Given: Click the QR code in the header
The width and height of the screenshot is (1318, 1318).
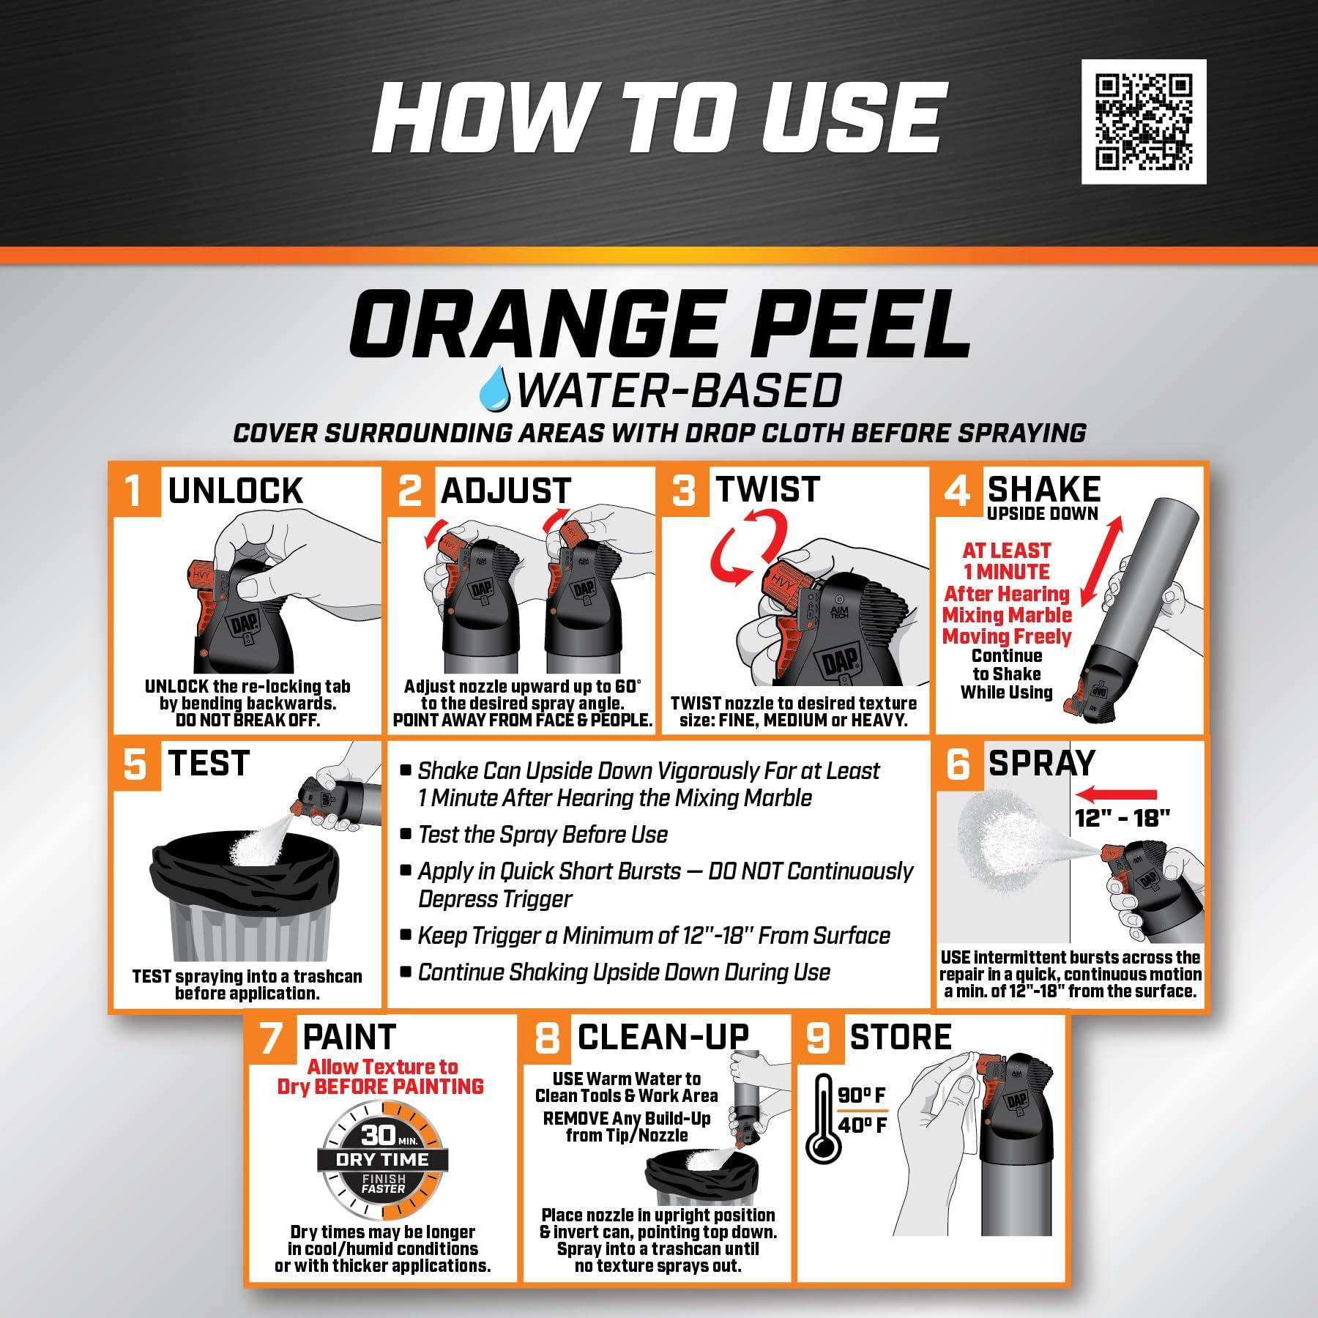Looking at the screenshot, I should click(1143, 122).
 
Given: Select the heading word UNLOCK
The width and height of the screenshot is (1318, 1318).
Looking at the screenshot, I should click(235, 491).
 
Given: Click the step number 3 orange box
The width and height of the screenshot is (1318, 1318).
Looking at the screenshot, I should click(682, 490).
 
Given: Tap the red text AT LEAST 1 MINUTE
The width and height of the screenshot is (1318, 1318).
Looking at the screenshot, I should click(1006, 561).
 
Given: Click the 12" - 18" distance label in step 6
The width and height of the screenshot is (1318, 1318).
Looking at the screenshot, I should click(1123, 818).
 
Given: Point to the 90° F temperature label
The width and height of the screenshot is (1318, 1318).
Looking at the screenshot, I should click(863, 1095).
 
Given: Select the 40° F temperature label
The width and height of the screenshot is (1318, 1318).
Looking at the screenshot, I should click(863, 1125).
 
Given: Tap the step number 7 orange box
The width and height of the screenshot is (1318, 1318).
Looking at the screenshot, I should click(270, 1038).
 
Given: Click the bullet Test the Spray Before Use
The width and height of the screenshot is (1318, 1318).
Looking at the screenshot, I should click(542, 835).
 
